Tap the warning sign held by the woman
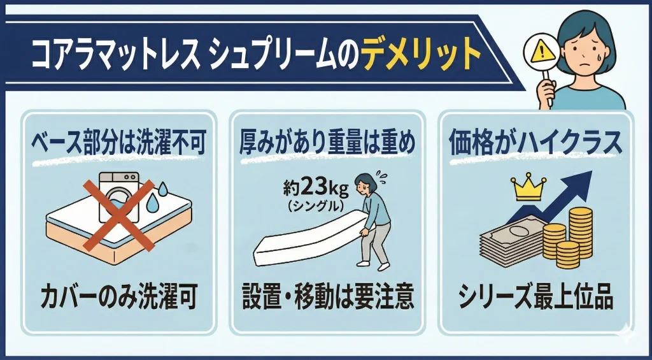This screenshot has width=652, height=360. click(x=541, y=54)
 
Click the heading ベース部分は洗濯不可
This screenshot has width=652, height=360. click(x=119, y=143)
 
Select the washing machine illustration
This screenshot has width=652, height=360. click(x=119, y=197)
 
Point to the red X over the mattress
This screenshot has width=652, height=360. click(x=119, y=215)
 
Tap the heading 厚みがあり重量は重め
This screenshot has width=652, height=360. click(x=327, y=143)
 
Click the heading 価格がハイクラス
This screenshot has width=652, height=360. click(x=535, y=143)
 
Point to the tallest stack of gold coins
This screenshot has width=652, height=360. click(x=581, y=231)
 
